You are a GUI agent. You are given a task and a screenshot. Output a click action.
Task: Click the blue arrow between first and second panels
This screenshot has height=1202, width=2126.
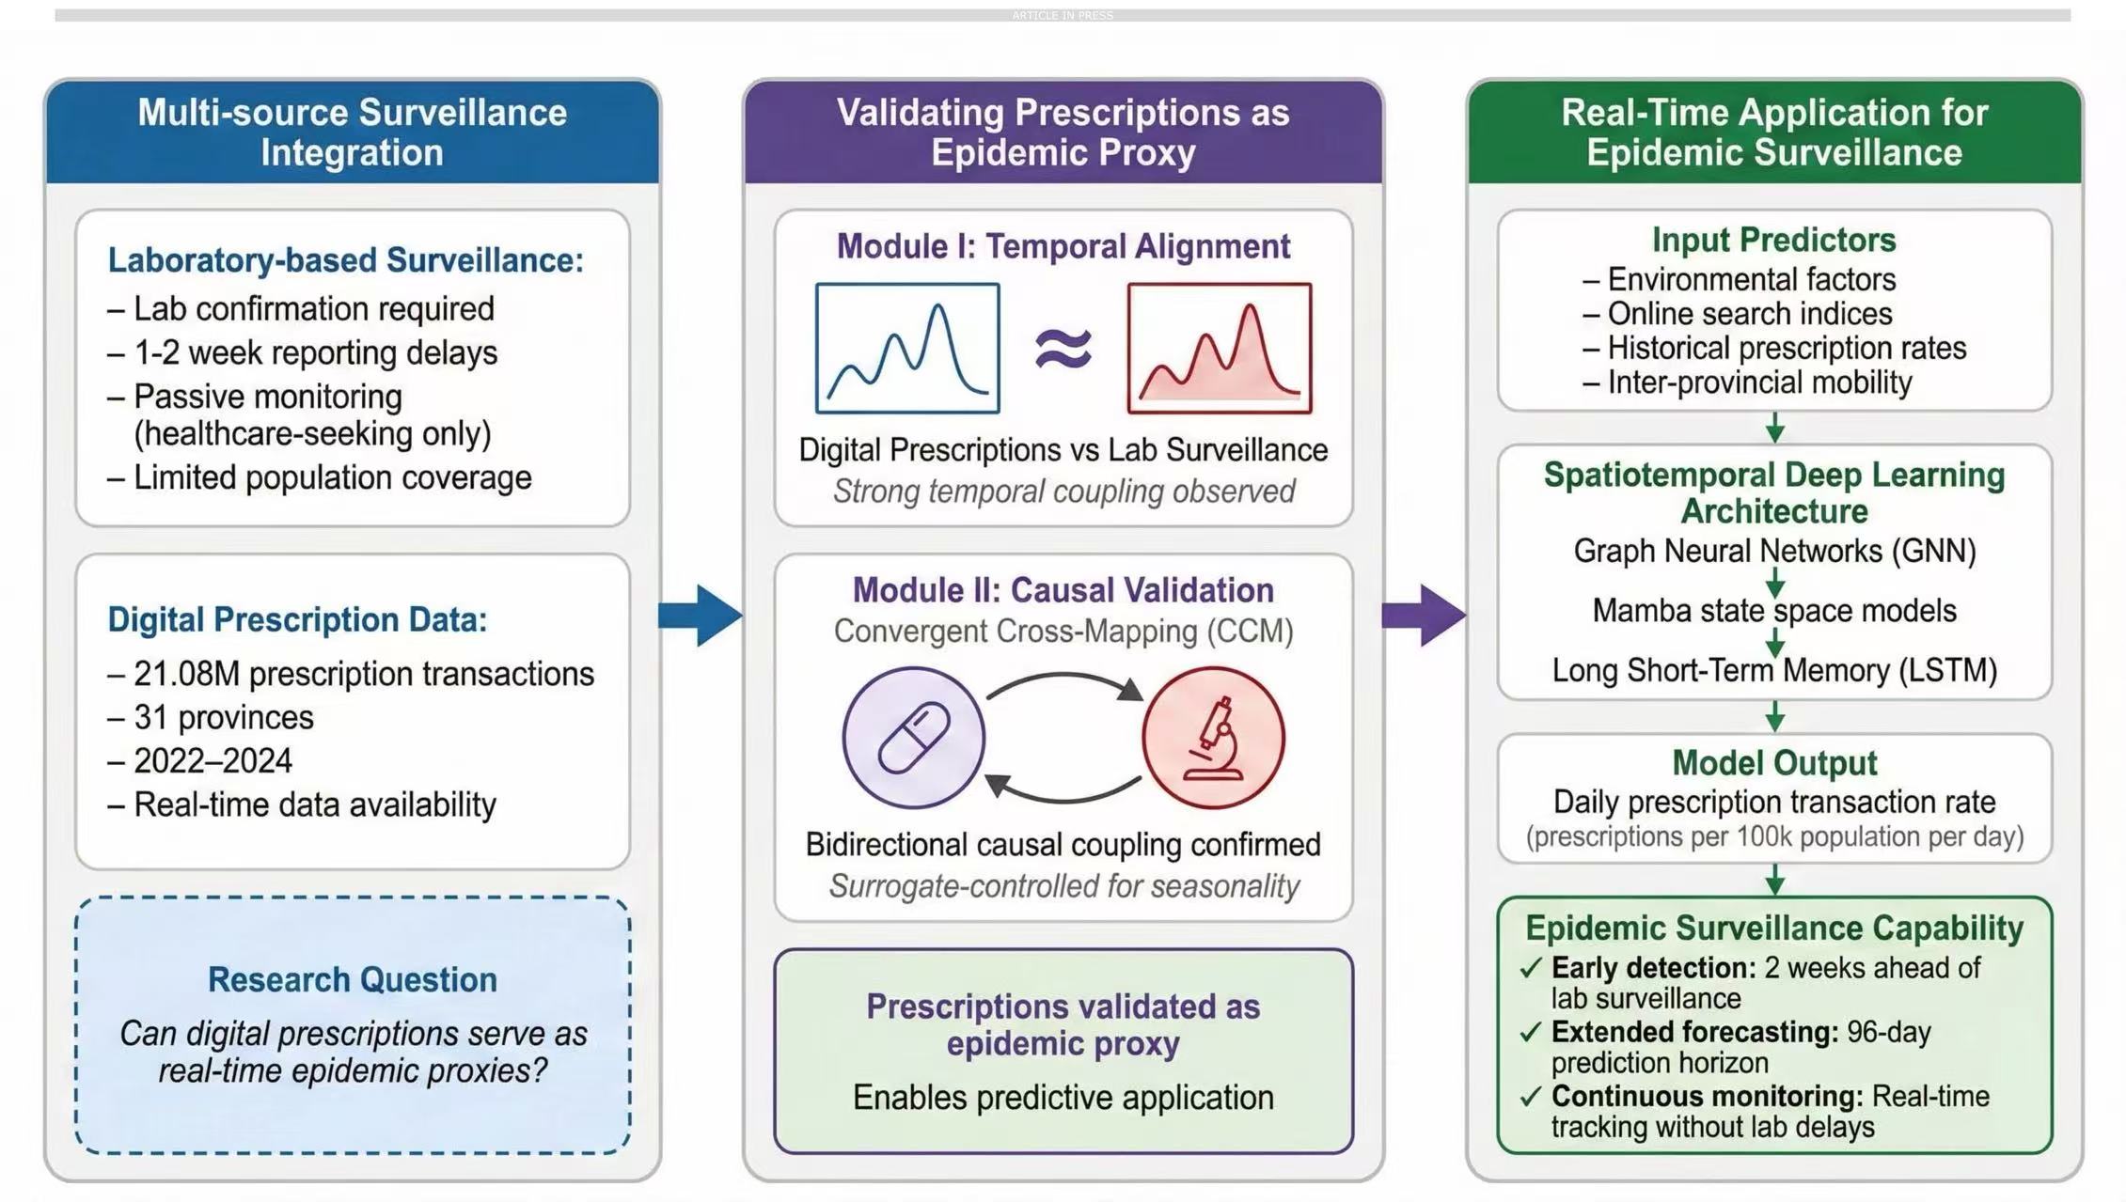point(701,616)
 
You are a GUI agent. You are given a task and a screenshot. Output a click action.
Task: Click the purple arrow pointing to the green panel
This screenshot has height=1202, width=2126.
point(1424,616)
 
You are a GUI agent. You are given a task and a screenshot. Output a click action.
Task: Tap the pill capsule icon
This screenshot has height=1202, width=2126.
point(913,738)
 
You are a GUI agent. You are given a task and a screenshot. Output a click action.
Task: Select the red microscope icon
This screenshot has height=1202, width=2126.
point(1213,738)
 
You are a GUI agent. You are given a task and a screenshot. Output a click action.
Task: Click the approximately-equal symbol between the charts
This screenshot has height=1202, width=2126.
point(1063,349)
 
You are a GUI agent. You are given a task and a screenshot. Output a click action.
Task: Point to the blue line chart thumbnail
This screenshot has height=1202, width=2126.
point(907,349)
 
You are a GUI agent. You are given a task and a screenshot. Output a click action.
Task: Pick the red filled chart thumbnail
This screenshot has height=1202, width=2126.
point(1220,349)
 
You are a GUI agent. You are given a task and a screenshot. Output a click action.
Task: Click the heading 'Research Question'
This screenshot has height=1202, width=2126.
point(353,979)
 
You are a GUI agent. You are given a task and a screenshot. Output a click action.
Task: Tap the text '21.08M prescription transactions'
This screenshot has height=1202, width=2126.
point(364,674)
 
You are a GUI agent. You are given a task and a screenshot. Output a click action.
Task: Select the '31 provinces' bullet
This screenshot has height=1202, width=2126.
point(224,717)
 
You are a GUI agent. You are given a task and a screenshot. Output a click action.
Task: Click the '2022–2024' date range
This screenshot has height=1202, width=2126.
point(213,760)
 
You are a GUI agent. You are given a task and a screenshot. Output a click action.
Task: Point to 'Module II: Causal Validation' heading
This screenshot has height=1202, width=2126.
point(1063,590)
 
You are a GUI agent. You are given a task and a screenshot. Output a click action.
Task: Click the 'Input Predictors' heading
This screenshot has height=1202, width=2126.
point(1774,240)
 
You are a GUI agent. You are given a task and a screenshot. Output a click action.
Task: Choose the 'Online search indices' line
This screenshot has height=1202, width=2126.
point(1750,313)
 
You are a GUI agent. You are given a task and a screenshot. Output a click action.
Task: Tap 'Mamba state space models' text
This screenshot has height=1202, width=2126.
point(1774,611)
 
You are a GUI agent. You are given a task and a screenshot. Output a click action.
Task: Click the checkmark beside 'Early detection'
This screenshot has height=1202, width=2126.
point(1531,968)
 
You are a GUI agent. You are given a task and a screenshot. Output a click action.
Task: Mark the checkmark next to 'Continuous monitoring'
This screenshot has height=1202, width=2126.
point(1531,1096)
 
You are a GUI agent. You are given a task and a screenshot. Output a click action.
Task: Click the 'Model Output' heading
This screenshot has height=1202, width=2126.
point(1774,763)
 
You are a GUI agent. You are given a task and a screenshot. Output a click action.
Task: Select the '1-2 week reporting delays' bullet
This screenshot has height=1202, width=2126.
point(316,352)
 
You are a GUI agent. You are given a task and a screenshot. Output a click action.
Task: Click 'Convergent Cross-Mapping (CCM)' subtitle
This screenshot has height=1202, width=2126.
point(1063,631)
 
